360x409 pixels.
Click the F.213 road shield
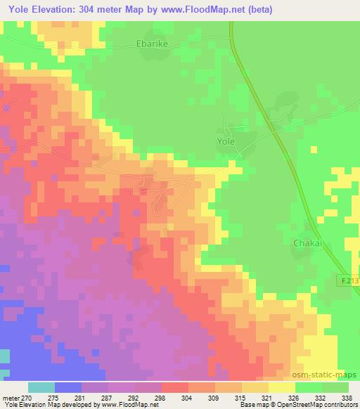coord(349,280)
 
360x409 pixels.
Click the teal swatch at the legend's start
coord(41,387)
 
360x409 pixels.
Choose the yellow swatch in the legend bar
coord(281,387)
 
